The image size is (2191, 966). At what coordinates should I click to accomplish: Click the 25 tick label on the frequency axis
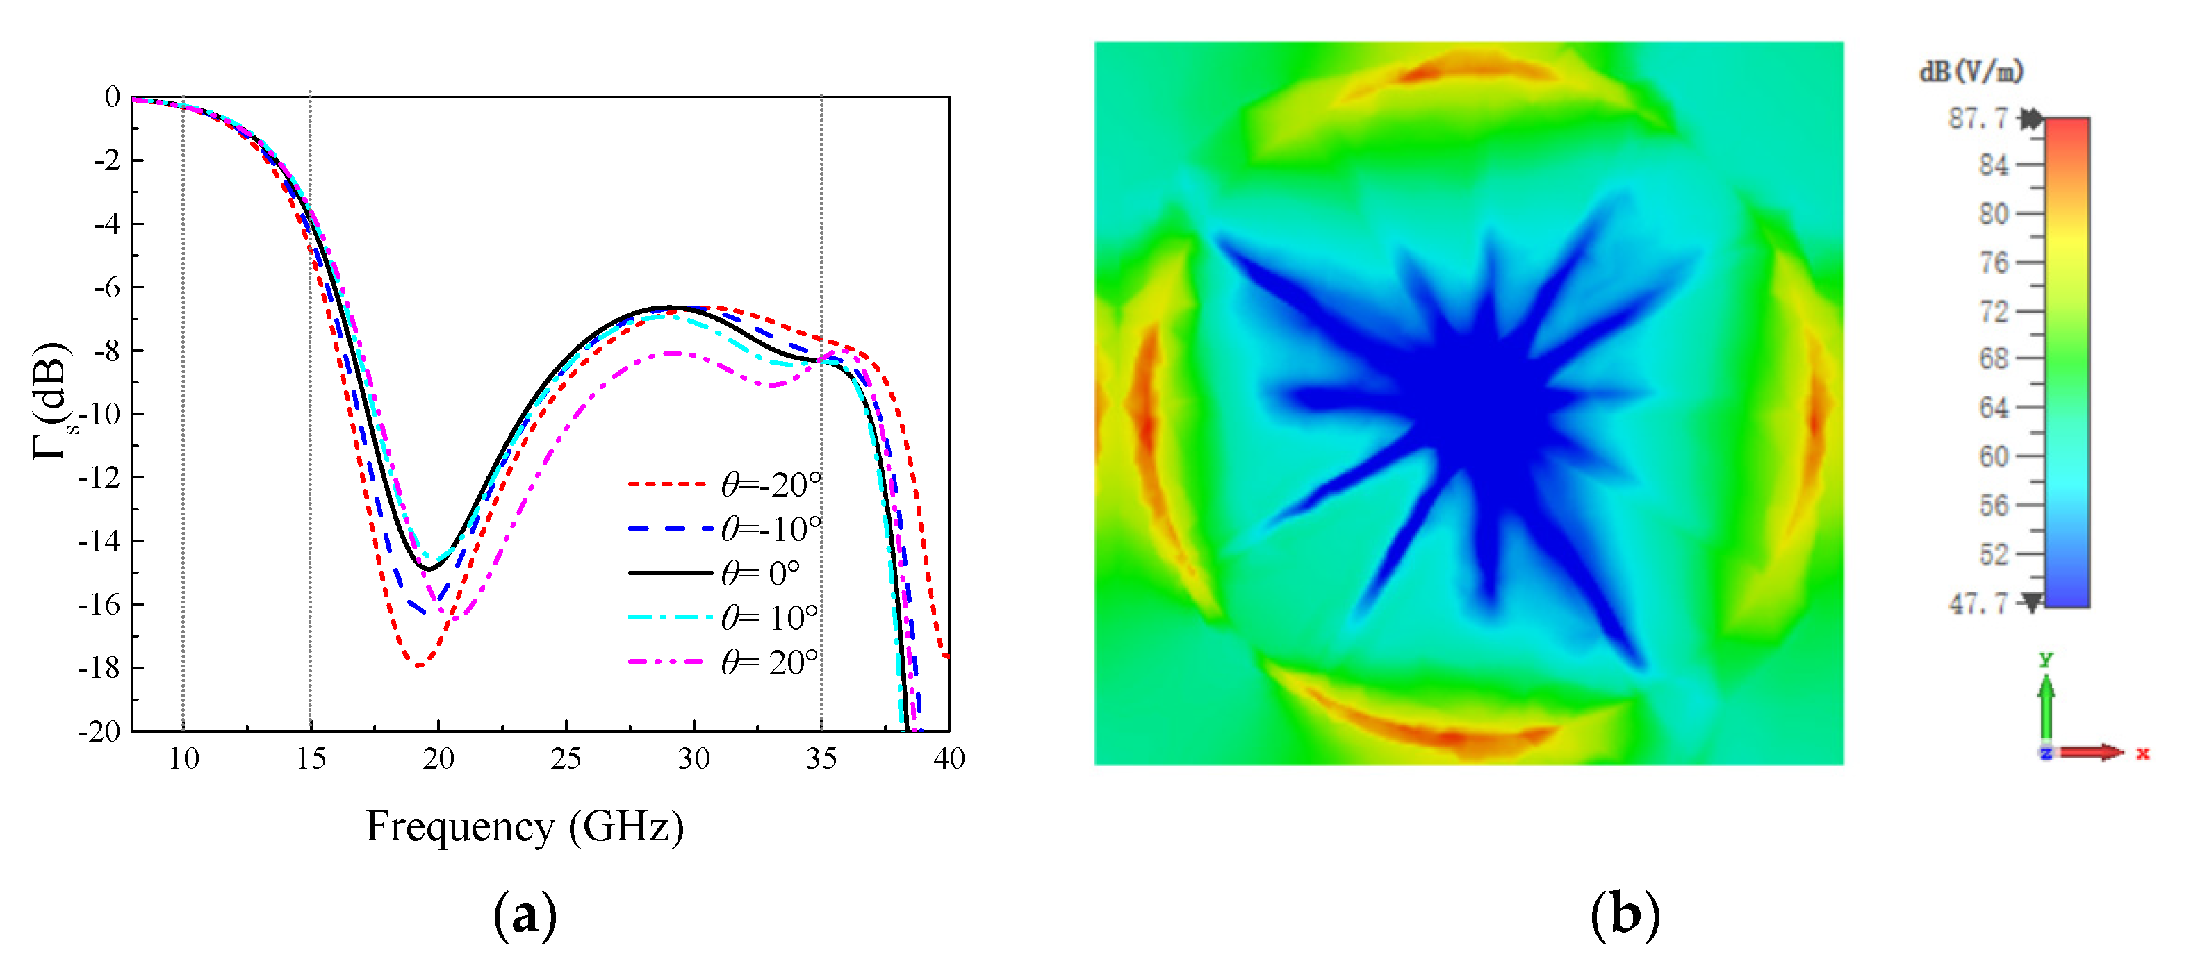(566, 758)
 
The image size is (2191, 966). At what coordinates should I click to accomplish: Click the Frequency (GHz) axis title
(525, 826)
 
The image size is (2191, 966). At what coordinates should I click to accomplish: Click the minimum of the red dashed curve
(418, 664)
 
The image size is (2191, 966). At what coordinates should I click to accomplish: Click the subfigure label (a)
(525, 915)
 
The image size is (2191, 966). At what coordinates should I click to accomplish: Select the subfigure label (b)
(1625, 915)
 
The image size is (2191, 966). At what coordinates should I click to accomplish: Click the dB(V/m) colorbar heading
(1971, 72)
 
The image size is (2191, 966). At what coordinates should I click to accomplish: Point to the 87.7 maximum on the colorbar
(1978, 118)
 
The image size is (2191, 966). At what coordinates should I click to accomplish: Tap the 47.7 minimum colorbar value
(1978, 603)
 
